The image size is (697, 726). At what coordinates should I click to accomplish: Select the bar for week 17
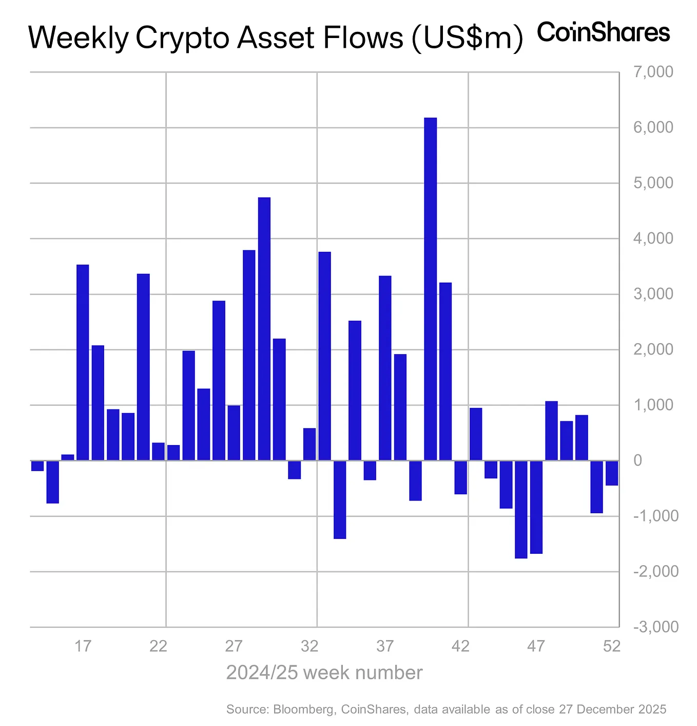click(x=83, y=362)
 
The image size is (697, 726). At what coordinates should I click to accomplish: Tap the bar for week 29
click(x=264, y=329)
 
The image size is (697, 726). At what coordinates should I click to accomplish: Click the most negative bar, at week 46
click(x=521, y=509)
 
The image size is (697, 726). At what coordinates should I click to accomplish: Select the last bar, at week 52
click(x=612, y=473)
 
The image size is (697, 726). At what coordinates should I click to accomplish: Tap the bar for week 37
click(x=385, y=368)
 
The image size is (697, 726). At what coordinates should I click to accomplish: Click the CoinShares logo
click(x=603, y=32)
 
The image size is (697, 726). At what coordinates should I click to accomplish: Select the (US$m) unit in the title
click(x=467, y=38)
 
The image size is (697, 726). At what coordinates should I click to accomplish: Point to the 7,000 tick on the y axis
click(x=653, y=72)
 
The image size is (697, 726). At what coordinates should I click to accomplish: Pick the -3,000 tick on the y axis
click(x=655, y=627)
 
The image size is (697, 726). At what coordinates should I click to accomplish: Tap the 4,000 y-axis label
click(x=653, y=238)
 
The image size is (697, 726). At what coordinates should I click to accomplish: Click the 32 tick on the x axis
click(x=309, y=646)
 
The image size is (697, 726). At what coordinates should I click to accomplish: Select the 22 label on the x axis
click(x=158, y=646)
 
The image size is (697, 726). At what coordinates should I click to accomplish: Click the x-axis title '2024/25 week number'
click(x=324, y=673)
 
